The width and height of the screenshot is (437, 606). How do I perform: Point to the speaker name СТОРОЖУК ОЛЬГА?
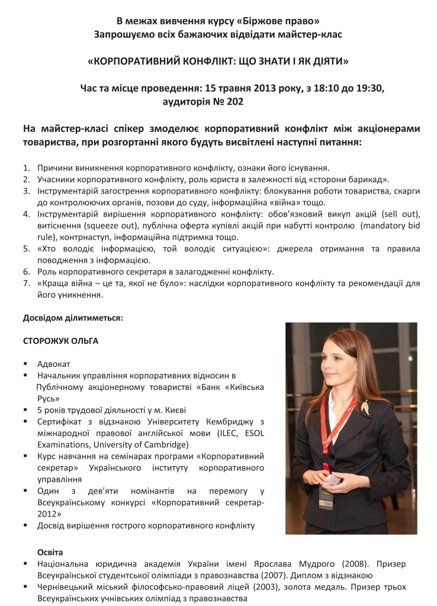(60, 341)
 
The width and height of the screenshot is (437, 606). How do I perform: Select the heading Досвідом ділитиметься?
(73, 318)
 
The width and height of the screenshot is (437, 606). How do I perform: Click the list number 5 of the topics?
(26, 250)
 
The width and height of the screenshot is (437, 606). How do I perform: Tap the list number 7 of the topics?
(26, 283)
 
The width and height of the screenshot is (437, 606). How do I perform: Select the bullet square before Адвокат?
(26, 364)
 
